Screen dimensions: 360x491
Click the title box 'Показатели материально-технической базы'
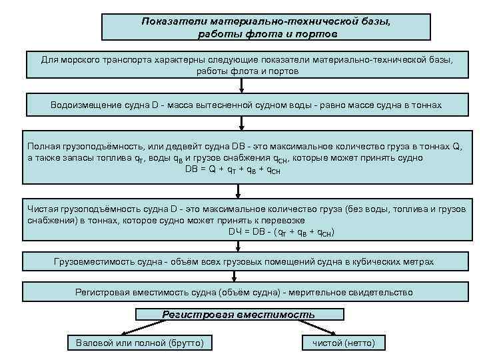point(266,27)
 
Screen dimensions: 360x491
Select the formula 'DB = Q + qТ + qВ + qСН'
point(233,170)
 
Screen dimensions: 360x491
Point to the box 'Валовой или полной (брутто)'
point(135,343)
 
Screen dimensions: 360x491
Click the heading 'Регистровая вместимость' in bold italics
point(239,315)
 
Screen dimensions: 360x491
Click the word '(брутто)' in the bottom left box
point(186,343)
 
